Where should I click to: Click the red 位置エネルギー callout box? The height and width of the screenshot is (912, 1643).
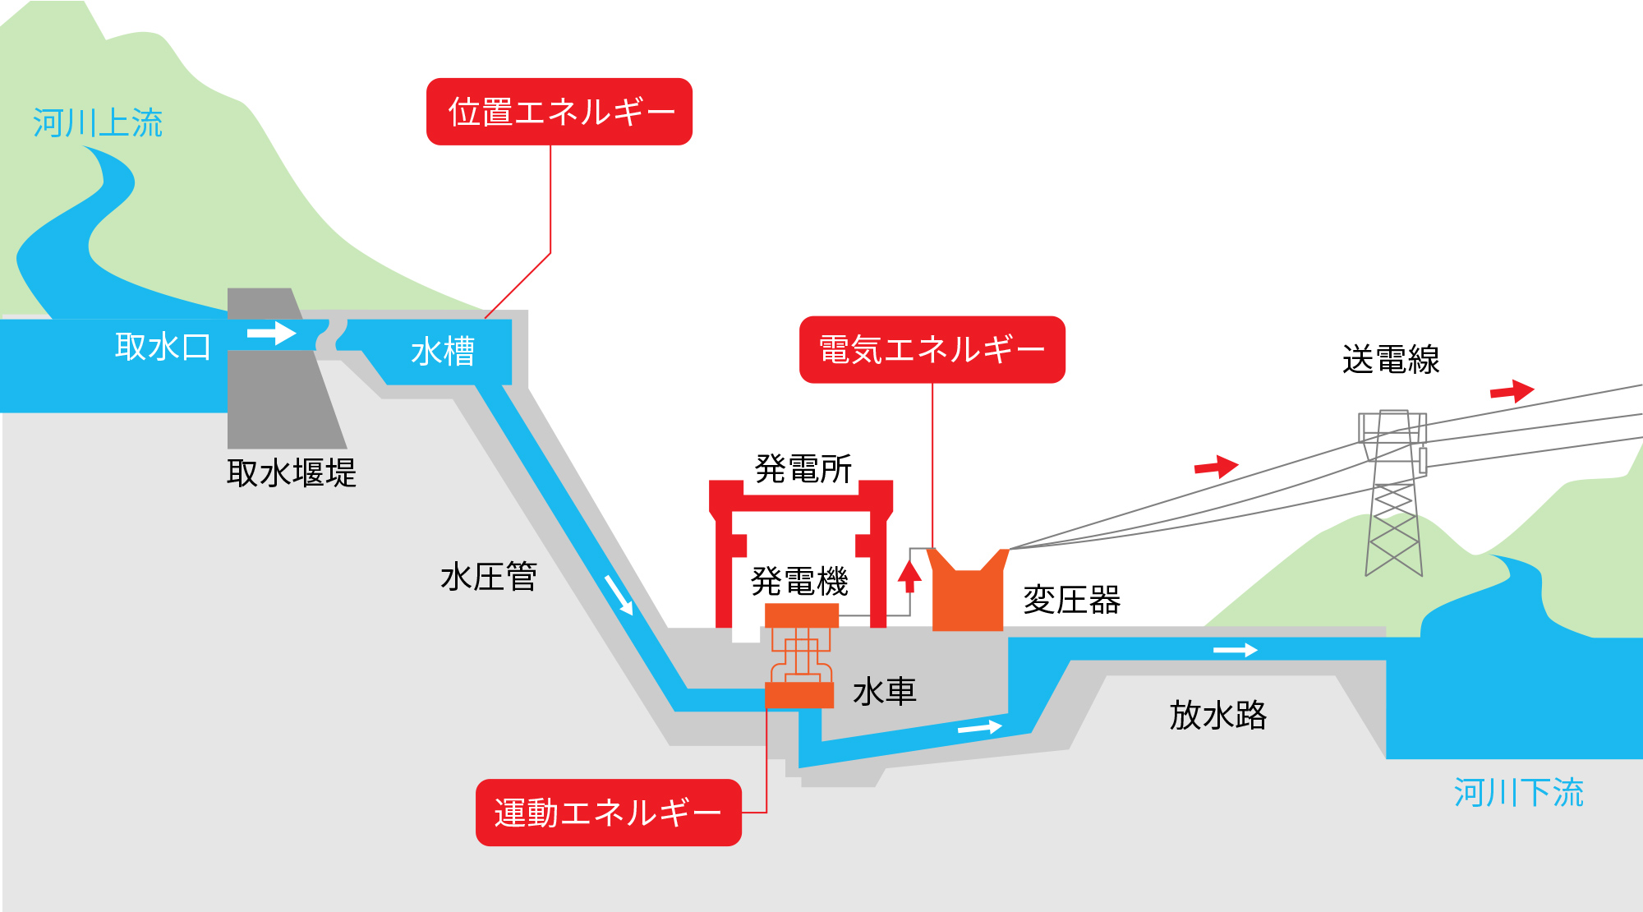coord(559,112)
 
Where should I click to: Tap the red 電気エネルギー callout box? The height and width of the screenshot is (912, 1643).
coord(932,349)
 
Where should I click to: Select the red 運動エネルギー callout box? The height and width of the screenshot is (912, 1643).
coord(609,813)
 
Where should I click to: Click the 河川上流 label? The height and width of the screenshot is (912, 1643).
coord(98,123)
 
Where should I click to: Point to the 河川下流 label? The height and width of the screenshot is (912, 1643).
coord(1519,793)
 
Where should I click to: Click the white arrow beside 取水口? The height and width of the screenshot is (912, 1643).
coord(272,333)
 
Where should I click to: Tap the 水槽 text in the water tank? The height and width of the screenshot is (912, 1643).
coord(443,352)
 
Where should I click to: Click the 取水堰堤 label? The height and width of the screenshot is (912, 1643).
coord(292,473)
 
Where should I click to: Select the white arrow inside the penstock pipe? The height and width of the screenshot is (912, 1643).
coord(619,595)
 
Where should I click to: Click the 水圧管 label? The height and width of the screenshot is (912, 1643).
coord(489,577)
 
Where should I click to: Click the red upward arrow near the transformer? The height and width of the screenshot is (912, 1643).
coord(909,577)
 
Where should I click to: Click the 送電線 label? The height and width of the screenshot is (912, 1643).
coord(1391,360)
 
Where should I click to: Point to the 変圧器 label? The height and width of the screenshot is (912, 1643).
coord(1072,600)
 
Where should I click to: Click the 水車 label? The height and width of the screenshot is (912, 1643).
coord(885,692)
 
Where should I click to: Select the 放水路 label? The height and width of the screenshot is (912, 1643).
coord(1218,715)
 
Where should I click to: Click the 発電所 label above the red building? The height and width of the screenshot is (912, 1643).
coord(803,469)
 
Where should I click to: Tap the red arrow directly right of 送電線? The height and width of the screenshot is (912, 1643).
coord(1512,391)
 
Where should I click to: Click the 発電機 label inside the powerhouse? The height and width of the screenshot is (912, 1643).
coord(799,582)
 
